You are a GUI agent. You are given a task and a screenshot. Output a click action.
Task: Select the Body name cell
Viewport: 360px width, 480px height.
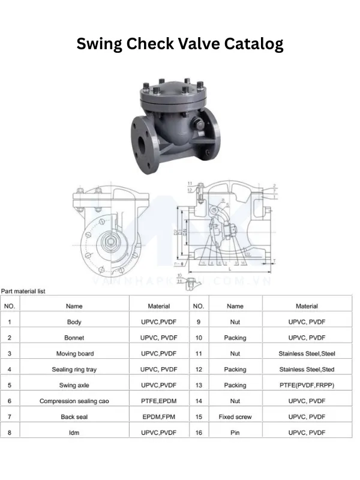74,322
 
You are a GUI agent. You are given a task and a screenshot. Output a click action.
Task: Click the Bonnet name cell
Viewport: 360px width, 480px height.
74,338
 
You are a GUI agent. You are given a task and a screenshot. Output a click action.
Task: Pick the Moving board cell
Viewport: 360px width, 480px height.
74,353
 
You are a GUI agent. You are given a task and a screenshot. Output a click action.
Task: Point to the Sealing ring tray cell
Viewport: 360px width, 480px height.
74,370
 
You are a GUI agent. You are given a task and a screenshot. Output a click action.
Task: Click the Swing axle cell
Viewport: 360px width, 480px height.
74,385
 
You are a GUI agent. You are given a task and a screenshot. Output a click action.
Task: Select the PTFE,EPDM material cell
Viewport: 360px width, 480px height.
158,401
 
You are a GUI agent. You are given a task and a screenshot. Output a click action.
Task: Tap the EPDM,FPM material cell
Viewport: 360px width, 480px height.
158,416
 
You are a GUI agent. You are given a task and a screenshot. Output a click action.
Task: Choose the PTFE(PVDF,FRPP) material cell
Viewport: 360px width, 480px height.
307,385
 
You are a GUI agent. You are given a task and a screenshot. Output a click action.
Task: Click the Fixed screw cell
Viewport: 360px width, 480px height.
235,416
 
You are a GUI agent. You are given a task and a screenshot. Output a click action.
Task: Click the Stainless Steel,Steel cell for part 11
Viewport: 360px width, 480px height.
307,353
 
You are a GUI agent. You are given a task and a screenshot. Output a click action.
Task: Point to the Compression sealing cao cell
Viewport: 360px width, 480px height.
74,401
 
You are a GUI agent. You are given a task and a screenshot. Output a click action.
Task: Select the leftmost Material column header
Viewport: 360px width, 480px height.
158,306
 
